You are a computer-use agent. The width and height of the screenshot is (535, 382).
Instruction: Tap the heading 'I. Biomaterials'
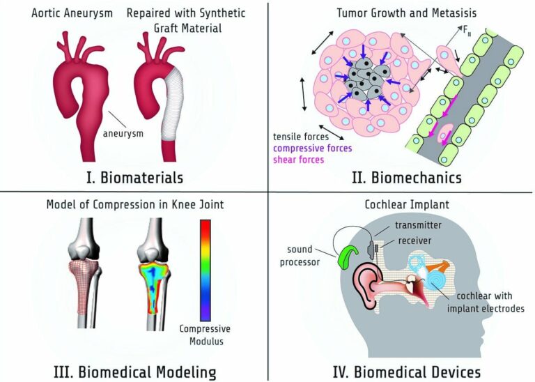pyautogui.click(x=132, y=176)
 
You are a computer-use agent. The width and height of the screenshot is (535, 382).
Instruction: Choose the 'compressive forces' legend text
pyautogui.click(x=313, y=148)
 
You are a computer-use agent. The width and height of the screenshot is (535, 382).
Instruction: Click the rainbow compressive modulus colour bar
pyautogui.click(x=206, y=269)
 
